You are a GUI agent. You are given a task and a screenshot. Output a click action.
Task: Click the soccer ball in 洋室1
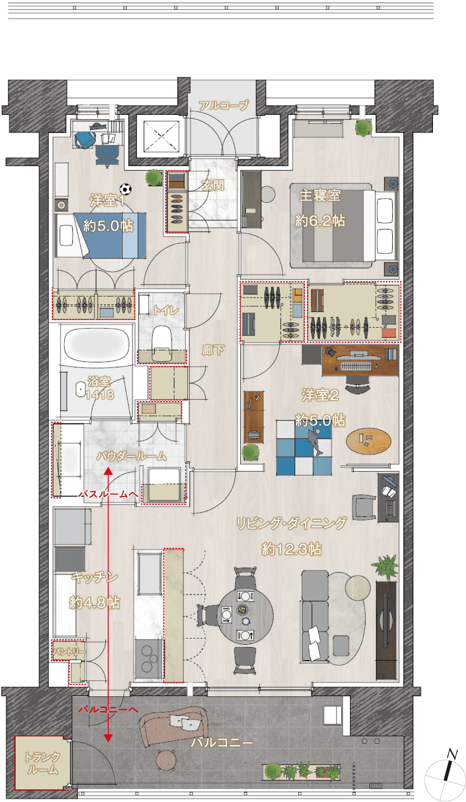126,189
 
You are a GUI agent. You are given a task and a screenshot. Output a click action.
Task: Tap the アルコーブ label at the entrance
224,106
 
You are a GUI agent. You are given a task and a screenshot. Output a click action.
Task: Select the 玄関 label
213,185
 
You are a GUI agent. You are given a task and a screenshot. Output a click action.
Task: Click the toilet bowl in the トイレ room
161,339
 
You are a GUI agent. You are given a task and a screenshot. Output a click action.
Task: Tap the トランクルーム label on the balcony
42,763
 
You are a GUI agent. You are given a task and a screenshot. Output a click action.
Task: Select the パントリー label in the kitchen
69,652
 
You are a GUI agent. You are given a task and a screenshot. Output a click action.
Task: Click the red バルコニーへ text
108,709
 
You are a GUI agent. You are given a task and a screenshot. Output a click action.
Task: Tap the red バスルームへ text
108,494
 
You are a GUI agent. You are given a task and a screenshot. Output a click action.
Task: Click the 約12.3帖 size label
292,549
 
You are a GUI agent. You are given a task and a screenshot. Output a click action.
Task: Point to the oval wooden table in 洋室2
369,441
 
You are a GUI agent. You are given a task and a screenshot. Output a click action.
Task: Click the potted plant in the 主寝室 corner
363,128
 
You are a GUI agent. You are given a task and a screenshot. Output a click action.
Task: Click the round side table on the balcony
166,760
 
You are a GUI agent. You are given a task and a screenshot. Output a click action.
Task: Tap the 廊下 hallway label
213,351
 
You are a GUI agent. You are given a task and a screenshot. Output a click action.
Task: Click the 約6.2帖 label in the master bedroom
320,221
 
